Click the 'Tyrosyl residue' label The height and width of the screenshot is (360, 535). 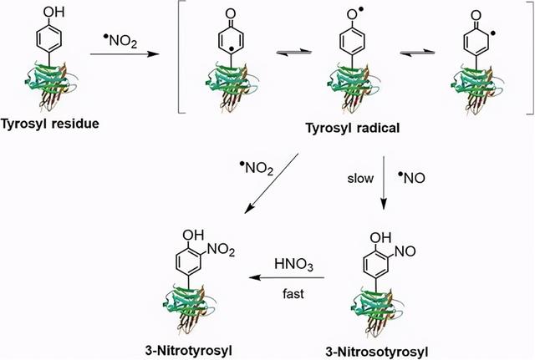pyautogui.click(x=50, y=123)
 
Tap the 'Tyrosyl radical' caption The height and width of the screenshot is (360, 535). pyautogui.click(x=353, y=128)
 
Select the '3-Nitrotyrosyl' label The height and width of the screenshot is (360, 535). pyautogui.click(x=189, y=351)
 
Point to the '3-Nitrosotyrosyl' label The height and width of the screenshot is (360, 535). pyautogui.click(x=377, y=352)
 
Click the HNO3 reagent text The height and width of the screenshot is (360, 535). pyautogui.click(x=293, y=265)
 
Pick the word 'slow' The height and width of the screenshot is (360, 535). pyautogui.click(x=360, y=178)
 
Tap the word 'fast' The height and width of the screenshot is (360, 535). pyautogui.click(x=293, y=293)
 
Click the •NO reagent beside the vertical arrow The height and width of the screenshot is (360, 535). pyautogui.click(x=412, y=178)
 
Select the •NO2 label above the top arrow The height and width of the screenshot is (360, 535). pyautogui.click(x=120, y=41)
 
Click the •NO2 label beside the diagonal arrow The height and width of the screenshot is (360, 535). pyautogui.click(x=257, y=168)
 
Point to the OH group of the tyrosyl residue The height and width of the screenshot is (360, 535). pyautogui.click(x=53, y=13)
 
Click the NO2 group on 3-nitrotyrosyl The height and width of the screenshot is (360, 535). pyautogui.click(x=221, y=250)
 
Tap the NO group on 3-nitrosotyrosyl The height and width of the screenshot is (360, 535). pyautogui.click(x=405, y=251)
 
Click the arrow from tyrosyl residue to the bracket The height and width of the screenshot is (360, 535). pyautogui.click(x=125, y=53)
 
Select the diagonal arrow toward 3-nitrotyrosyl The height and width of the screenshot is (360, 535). pyautogui.click(x=272, y=184)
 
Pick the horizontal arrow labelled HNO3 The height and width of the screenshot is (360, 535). pyautogui.click(x=287, y=277)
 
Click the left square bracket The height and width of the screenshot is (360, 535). pyautogui.click(x=182, y=57)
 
